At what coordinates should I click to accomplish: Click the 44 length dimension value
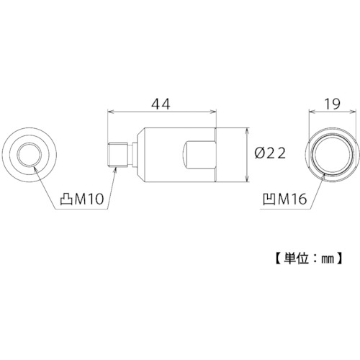[x=161, y=104]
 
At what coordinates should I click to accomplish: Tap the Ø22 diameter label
[x=270, y=153]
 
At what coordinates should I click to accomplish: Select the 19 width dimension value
[x=333, y=104]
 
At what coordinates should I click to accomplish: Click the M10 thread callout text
[x=89, y=199]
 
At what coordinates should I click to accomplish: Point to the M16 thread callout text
[x=292, y=199]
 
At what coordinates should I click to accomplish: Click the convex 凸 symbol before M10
[x=66, y=199]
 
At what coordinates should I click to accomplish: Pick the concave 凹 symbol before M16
[x=269, y=199]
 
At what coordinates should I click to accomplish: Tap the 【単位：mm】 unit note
[x=308, y=258]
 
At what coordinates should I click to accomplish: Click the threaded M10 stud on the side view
[x=117, y=155]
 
